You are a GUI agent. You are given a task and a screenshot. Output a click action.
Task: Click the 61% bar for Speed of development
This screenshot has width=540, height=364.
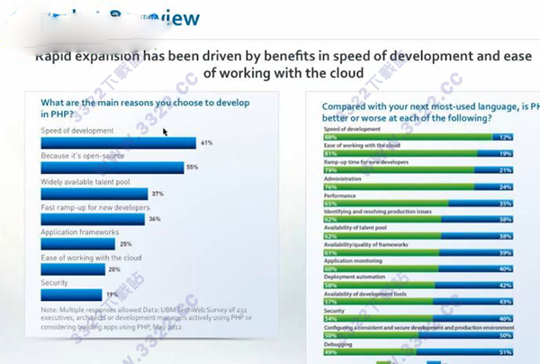pyautogui.click(x=118, y=142)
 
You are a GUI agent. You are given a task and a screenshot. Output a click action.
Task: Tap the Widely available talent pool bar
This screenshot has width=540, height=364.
pyautogui.click(x=94, y=194)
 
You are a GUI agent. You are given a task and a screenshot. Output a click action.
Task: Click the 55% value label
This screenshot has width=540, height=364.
pyautogui.click(x=191, y=168)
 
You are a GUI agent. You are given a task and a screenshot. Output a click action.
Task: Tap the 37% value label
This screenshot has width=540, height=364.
pyautogui.click(x=157, y=194)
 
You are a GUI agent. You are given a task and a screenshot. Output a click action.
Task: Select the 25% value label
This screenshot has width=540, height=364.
pyautogui.click(x=125, y=244)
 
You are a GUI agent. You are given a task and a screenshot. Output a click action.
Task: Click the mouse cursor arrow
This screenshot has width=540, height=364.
pyautogui.click(x=166, y=132)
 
